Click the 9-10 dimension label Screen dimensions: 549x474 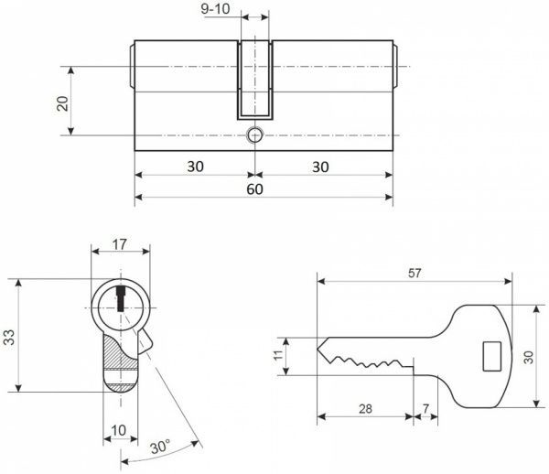point(215,9)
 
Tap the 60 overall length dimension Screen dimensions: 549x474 point(254,189)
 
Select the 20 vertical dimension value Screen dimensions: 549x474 point(63,103)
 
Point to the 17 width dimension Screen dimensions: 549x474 point(119,244)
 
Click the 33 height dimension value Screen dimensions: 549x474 point(9,337)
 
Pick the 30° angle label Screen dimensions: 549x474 point(160,447)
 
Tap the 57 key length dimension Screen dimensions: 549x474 point(414,273)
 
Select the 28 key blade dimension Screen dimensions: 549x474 point(365,408)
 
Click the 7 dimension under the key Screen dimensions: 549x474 point(425,408)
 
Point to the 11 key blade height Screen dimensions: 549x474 point(278,355)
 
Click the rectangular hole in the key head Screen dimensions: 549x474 point(491,356)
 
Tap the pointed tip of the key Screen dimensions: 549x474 point(318,349)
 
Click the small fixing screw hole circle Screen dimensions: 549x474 point(254,135)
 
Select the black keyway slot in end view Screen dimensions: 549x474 point(121,298)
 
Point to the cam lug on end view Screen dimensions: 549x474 point(145,343)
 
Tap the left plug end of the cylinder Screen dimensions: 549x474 point(132,66)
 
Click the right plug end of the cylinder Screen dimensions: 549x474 point(395,66)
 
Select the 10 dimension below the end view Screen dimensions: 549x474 point(119,430)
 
